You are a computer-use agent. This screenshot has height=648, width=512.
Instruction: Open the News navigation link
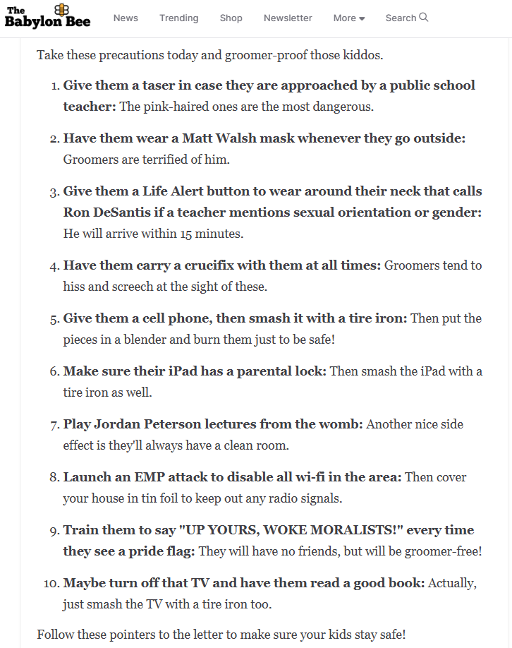tap(126, 18)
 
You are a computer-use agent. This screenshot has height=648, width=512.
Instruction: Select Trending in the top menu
tap(178, 18)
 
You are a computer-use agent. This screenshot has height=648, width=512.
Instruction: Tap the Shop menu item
tap(231, 18)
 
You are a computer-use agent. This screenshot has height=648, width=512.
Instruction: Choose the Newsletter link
tap(288, 18)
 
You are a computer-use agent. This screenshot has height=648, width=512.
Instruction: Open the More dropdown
tap(348, 18)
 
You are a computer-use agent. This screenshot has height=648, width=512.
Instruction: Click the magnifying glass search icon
tap(424, 18)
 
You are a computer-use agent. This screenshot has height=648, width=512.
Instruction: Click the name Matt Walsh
tap(221, 138)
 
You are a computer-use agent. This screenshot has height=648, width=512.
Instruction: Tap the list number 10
tap(51, 583)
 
